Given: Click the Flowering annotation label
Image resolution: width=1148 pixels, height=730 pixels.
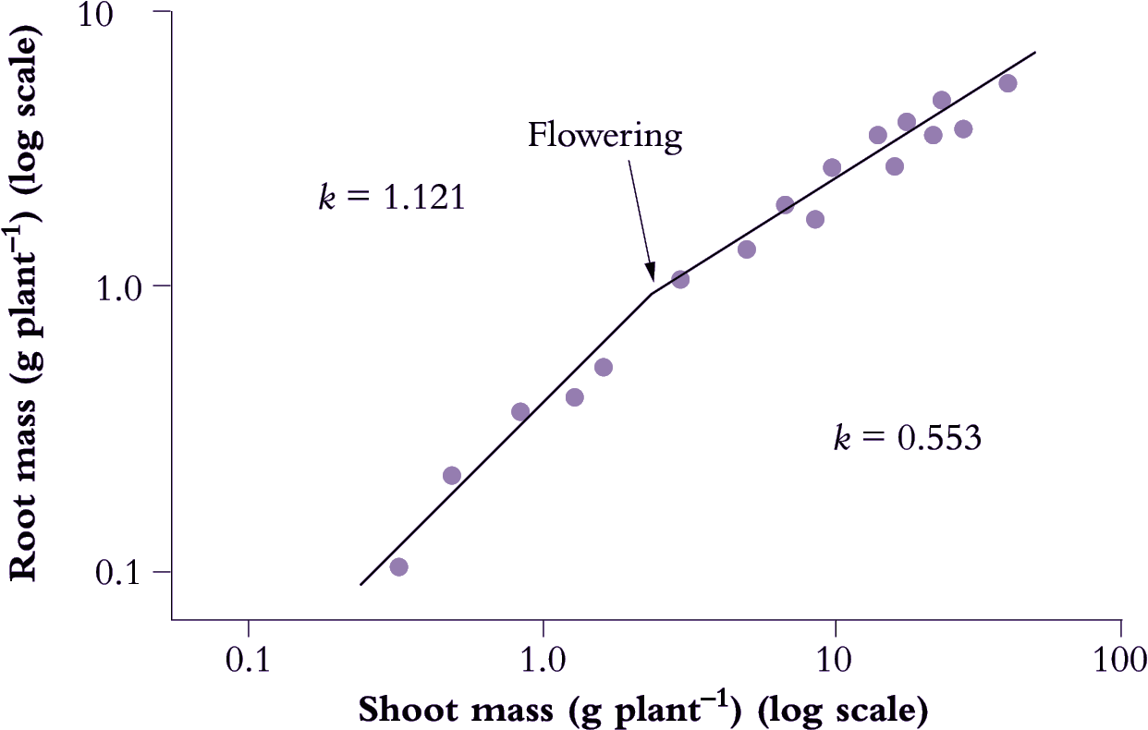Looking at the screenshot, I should coord(605,137).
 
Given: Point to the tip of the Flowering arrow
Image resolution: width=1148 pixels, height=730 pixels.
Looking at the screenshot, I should coord(653,278).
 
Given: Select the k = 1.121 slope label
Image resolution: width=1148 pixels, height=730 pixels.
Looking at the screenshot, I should coord(391,199).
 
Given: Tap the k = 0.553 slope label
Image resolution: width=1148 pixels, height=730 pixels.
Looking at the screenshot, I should coord(907,438).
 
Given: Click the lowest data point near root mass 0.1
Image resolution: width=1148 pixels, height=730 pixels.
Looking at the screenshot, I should coord(398,566).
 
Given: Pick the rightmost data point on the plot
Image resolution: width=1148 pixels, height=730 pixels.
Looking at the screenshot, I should coord(1008,83).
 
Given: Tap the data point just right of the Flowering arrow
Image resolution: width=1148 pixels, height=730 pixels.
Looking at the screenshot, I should coord(680,279).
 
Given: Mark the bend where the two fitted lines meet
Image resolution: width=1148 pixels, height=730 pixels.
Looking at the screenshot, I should coord(653,294).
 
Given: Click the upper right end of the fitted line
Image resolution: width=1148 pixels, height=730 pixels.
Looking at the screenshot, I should coord(1035,53).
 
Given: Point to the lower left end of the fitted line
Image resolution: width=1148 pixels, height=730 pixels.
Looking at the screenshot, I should coord(360,584).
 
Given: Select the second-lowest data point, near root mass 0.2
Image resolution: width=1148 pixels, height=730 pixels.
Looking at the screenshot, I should coord(452,476).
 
